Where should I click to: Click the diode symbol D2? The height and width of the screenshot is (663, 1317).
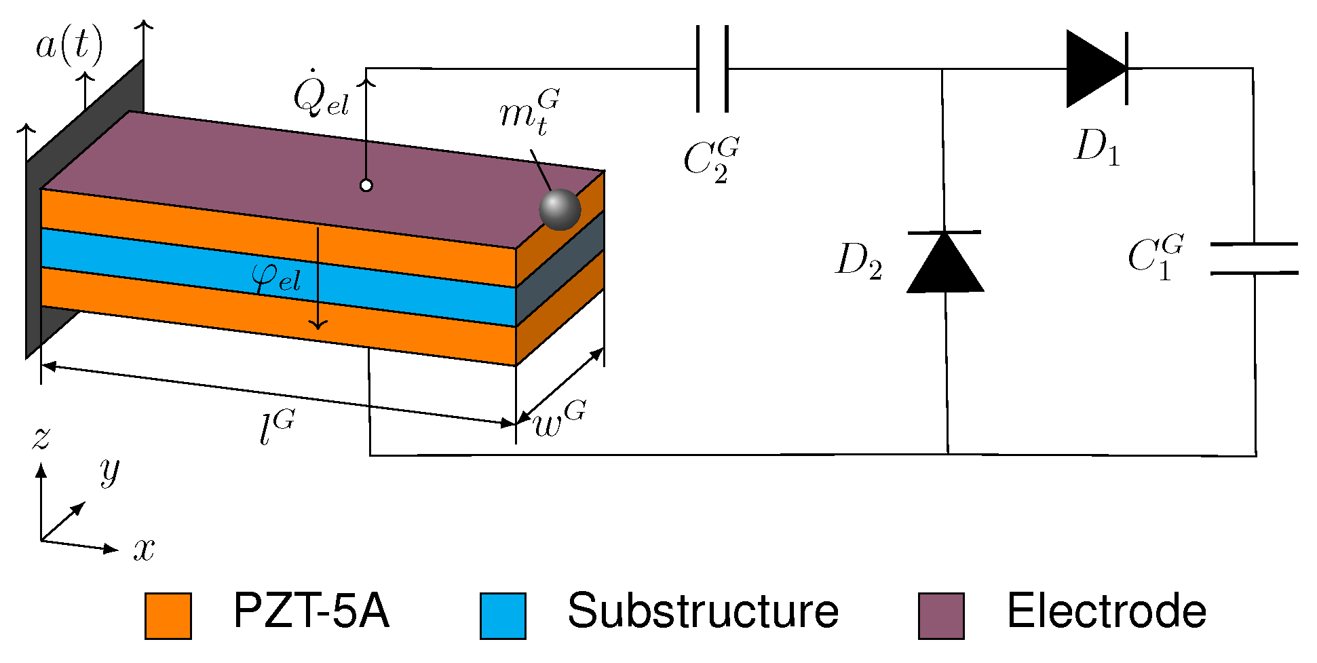pos(945,263)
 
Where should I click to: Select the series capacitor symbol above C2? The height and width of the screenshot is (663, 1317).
pos(712,69)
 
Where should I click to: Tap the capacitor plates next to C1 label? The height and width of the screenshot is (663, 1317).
pos(1254,259)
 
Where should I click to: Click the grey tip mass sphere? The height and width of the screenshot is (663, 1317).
pos(560,210)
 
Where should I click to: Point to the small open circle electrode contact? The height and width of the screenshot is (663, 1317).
pos(366,185)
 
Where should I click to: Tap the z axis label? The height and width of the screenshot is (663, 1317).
pos(41,438)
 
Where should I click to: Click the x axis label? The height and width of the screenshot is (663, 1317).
pos(144,548)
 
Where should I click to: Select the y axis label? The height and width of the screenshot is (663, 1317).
pos(109,470)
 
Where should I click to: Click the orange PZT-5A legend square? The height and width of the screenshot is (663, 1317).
pos(168,615)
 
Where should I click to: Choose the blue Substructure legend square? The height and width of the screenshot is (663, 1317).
pos(503,615)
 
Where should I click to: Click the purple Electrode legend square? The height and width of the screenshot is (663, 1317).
pos(941,615)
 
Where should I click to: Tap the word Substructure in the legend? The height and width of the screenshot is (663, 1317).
pos(703,611)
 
